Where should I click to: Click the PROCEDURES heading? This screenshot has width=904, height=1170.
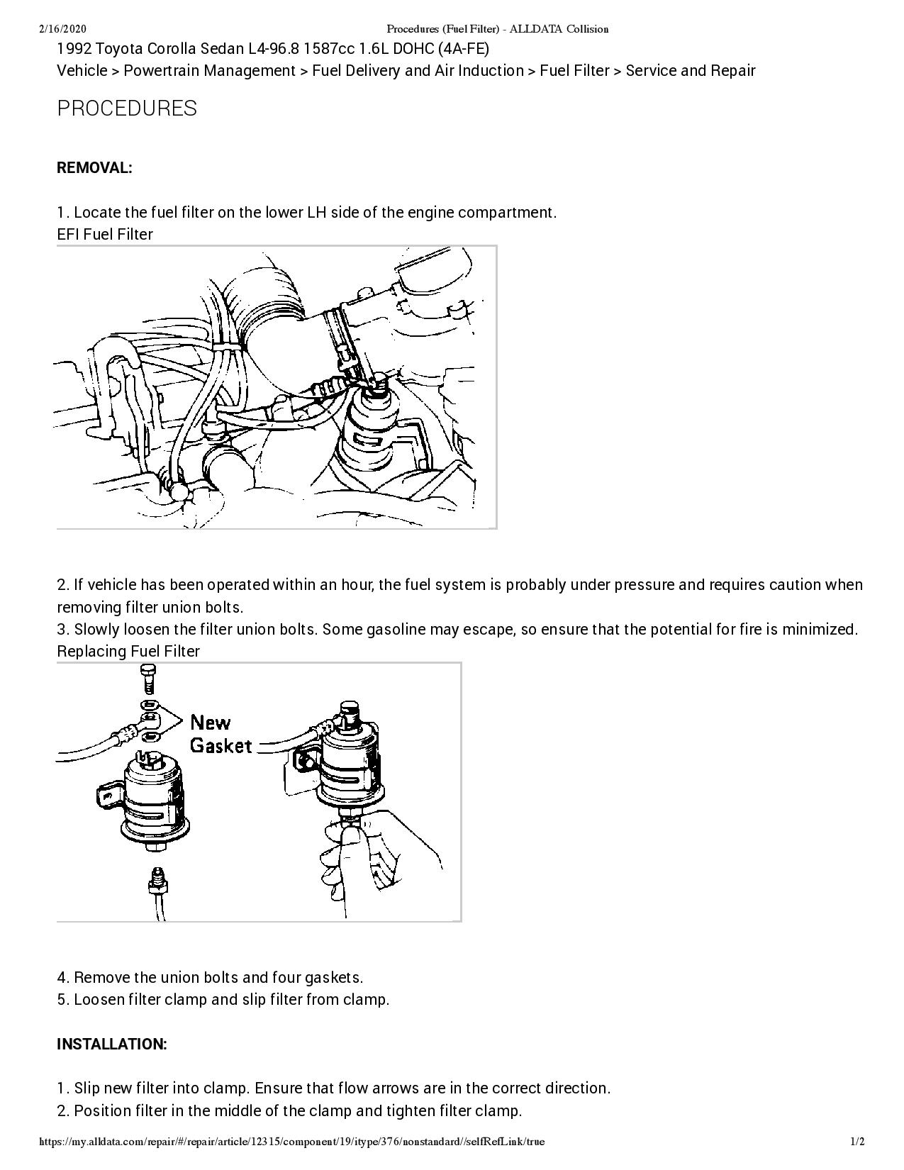point(127,108)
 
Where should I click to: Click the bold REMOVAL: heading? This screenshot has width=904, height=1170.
point(94,168)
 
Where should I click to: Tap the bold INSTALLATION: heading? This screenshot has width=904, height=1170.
point(111,1044)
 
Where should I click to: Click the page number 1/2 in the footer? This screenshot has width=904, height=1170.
point(857,1142)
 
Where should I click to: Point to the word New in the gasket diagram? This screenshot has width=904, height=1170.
point(211,723)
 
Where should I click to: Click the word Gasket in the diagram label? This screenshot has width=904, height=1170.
point(221,745)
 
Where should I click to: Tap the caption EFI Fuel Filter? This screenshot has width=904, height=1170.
point(104,234)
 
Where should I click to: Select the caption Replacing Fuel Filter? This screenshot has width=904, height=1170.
point(128,651)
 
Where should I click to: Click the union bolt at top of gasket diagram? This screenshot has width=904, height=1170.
point(147,679)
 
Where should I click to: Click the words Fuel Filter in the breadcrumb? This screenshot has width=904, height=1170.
point(574,71)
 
